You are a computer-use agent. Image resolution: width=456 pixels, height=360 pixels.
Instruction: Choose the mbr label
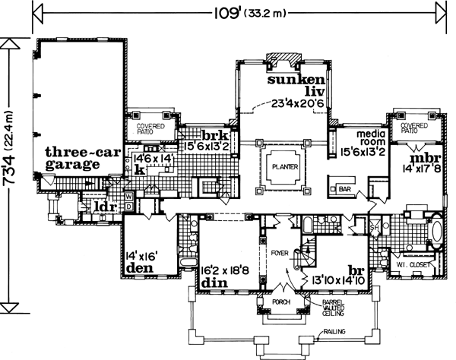(x=420, y=159)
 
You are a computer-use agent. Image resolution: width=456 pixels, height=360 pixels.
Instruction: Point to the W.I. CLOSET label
(x=410, y=264)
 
